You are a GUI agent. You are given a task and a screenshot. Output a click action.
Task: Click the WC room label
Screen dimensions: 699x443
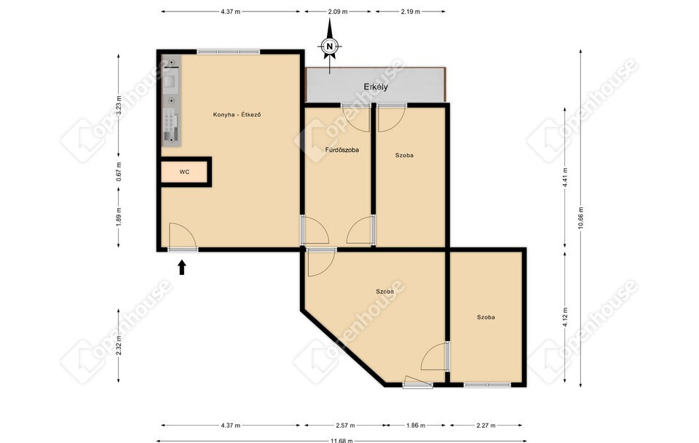click(184, 172)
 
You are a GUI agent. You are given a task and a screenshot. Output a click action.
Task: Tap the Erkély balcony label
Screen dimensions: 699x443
click(376, 87)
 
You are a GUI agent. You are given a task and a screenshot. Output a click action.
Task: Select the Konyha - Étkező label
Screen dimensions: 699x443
click(237, 114)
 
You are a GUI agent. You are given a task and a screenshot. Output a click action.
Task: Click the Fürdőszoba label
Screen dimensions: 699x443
click(342, 150)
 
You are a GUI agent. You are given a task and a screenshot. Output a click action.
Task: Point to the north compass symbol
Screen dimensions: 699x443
click(329, 45)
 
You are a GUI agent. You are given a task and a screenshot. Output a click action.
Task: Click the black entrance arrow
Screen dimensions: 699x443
click(182, 268)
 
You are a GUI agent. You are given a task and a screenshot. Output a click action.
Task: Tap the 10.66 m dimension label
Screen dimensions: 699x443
click(580, 218)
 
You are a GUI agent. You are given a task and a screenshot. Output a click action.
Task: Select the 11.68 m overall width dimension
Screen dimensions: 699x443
click(341, 441)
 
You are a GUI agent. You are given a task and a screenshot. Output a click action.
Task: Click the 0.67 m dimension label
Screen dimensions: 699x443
click(119, 172)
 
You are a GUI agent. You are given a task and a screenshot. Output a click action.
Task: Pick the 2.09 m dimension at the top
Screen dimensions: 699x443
click(337, 12)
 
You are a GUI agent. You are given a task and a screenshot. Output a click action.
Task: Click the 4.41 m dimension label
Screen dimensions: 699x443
click(565, 177)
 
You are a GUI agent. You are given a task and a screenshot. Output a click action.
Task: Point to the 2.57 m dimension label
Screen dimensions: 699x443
click(345, 426)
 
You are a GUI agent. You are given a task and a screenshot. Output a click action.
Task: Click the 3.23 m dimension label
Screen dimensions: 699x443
click(119, 106)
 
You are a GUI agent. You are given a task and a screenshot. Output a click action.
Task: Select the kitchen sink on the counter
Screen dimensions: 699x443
click(170, 81)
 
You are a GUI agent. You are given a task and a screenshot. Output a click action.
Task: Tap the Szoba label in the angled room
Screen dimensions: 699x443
click(384, 292)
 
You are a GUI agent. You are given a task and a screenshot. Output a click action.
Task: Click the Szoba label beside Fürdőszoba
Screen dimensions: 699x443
click(404, 156)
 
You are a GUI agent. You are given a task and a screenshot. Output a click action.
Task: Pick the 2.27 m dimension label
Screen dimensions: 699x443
click(486, 426)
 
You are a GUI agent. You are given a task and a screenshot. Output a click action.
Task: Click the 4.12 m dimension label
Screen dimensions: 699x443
click(565, 317)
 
